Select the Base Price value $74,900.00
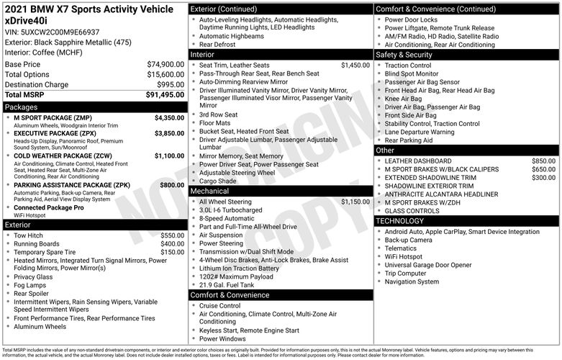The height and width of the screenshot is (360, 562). pyautogui.click(x=166, y=64)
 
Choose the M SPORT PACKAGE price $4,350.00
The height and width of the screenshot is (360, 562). pyautogui.click(x=169, y=117)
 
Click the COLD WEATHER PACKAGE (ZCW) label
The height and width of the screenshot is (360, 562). pyautogui.click(x=63, y=156)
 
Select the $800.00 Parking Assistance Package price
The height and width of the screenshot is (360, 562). pyautogui.click(x=172, y=185)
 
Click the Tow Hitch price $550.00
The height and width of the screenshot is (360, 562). pyautogui.click(x=172, y=235)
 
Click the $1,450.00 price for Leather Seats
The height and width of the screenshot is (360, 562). pyautogui.click(x=355, y=65)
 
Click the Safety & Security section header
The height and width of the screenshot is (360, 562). pyautogui.click(x=404, y=55)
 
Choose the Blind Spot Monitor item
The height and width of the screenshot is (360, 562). pyautogui.click(x=411, y=73)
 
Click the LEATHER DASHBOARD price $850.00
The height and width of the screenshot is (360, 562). pyautogui.click(x=543, y=161)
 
